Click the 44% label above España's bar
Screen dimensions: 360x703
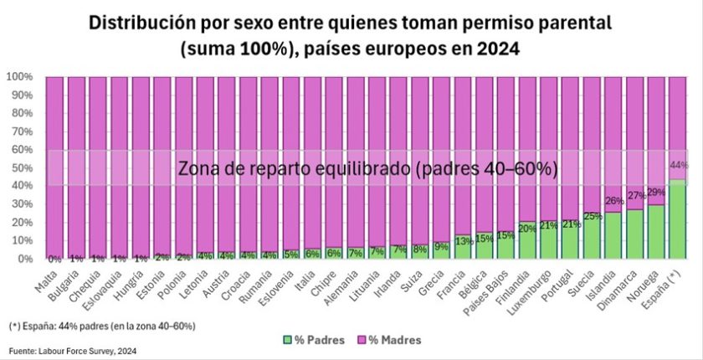[x=678, y=166]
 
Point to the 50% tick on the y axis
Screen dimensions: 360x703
[x=20, y=167]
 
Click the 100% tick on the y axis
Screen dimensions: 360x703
[x=18, y=77]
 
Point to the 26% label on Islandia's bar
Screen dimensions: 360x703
[x=614, y=201]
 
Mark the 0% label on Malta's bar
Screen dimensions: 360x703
[x=55, y=259]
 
